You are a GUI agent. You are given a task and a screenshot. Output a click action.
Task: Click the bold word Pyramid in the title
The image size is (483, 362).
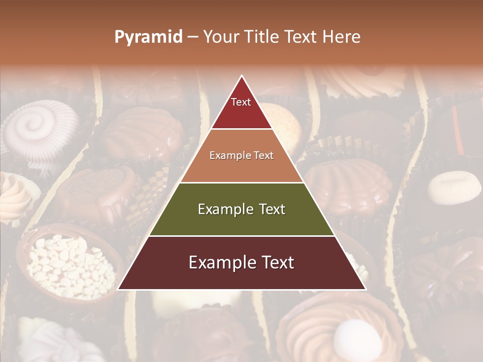tap(148, 37)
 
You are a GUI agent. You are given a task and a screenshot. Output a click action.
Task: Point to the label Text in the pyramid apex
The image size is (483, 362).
tap(241, 103)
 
